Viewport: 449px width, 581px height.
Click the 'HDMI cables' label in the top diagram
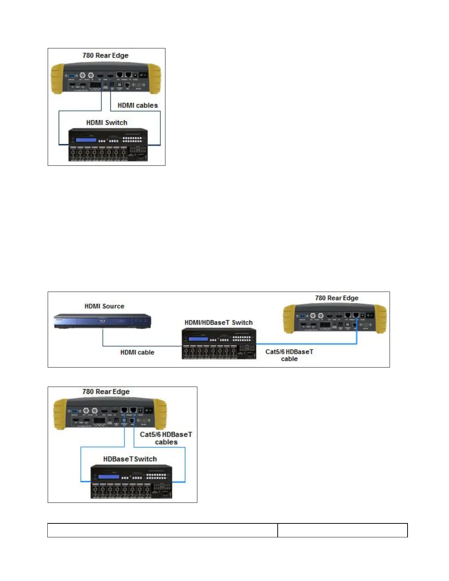138,105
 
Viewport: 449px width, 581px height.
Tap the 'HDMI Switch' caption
106,123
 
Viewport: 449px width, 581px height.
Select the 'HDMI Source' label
104,306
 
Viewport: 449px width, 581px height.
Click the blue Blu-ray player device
102,321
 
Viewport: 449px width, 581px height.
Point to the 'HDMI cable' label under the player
137,352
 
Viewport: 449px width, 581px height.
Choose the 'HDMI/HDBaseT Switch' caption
218,322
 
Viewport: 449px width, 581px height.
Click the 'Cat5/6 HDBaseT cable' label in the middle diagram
289,355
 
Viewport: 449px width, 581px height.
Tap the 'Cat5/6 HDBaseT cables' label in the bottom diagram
166,438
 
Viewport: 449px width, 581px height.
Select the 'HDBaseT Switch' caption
130,459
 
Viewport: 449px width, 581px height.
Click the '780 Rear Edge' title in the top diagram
105,55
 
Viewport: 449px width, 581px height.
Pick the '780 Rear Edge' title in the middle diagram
336,298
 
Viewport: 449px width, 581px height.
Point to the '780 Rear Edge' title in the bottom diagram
106,391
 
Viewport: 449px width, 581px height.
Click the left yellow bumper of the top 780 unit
57,78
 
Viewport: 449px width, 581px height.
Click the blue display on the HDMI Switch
86,140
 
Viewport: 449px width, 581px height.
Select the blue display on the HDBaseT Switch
109,477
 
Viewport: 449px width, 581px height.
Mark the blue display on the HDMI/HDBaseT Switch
198,339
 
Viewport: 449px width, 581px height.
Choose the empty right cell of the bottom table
342,530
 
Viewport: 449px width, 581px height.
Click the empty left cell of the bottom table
163,530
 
